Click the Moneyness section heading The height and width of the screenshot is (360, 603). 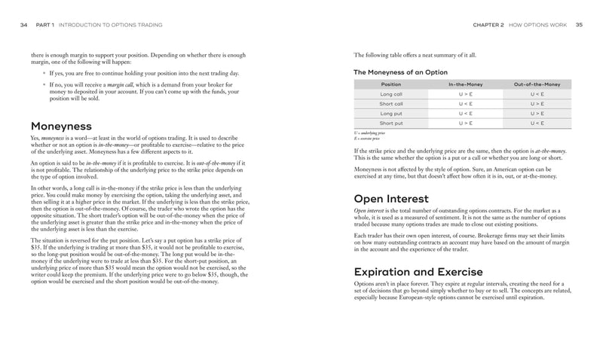(61, 126)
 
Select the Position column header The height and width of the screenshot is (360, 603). (391, 84)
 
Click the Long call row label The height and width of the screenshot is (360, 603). (391, 94)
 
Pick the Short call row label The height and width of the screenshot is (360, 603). (391, 104)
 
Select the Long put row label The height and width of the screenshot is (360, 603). (391, 113)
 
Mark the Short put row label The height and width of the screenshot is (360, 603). (391, 123)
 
